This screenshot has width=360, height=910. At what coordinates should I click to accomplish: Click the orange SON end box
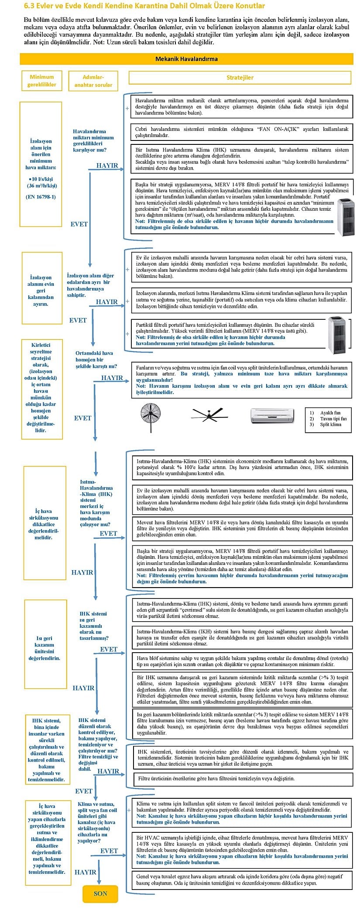(x=100, y=893)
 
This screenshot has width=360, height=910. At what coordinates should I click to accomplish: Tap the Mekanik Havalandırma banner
(x=186, y=59)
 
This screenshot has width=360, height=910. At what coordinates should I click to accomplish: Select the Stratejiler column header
(x=240, y=78)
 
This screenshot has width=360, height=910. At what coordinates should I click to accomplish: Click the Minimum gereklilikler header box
(x=42, y=81)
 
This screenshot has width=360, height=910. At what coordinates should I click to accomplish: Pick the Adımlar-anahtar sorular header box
(x=93, y=81)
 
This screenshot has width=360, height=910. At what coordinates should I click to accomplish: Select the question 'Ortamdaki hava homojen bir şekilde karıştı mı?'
(x=96, y=359)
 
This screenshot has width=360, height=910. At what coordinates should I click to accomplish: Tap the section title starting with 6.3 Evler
(x=144, y=6)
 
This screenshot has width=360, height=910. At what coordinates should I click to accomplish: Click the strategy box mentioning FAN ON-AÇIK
(x=242, y=132)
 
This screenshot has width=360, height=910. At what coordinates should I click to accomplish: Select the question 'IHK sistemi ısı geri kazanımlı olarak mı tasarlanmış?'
(x=94, y=626)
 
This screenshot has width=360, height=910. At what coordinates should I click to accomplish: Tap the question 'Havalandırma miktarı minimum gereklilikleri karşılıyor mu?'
(x=93, y=140)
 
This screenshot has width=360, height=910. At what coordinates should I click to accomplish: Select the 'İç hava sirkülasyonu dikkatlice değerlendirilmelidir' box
(x=44, y=524)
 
